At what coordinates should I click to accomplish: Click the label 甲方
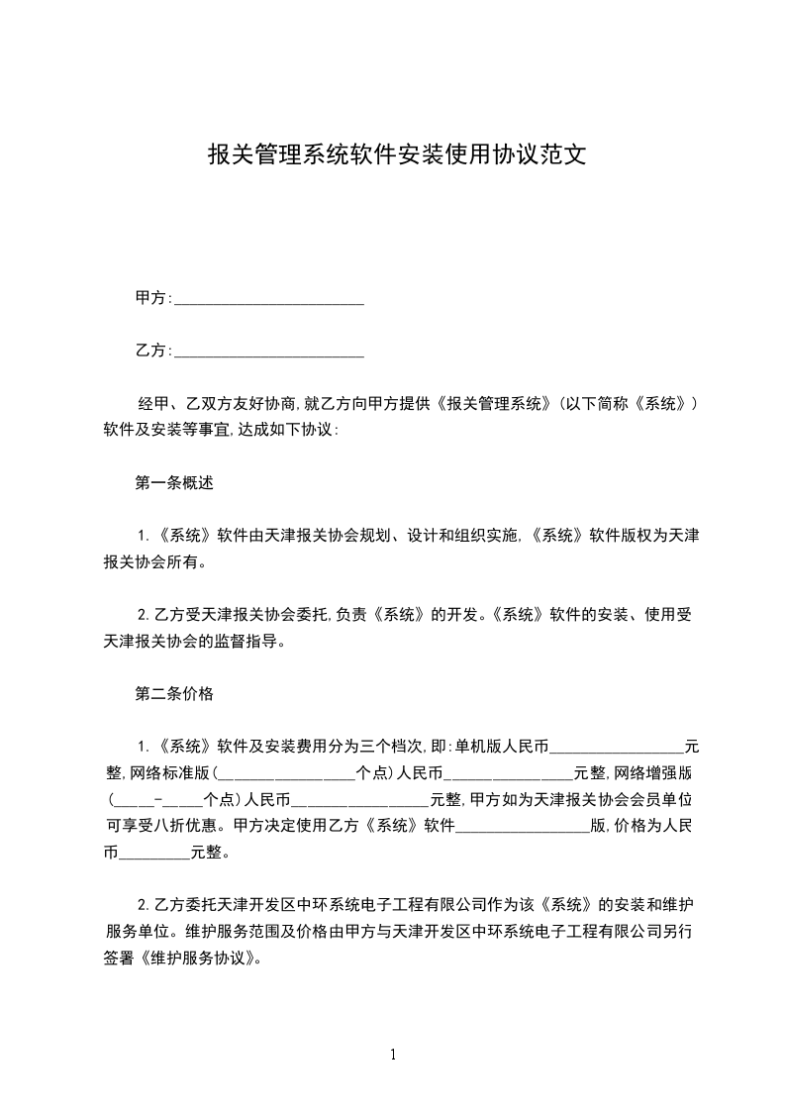[x=149, y=298]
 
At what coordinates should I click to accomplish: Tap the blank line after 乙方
[x=268, y=352]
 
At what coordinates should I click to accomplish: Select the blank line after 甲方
[x=268, y=299]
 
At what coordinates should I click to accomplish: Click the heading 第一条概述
[x=174, y=484]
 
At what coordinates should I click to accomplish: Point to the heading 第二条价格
[x=174, y=693]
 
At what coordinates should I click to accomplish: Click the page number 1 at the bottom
[x=393, y=1055]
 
